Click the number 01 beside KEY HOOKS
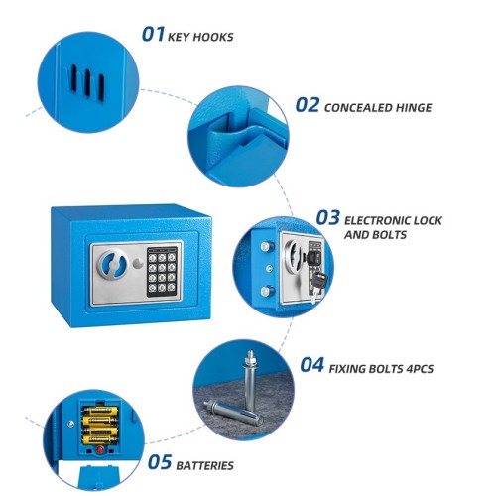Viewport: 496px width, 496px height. pos(153,35)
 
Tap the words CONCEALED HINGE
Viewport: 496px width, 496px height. pos(378,108)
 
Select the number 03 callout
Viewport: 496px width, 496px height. pos(327,218)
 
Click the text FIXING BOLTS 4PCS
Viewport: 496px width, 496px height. pos(381,369)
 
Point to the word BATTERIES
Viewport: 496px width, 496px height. pos(204,466)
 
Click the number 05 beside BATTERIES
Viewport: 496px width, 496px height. pos(160,462)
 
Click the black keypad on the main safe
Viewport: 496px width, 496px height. pos(162,272)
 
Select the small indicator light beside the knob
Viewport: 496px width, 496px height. pos(137,263)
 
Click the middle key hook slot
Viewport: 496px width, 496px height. pos(87,82)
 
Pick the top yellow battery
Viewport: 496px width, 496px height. pos(100,412)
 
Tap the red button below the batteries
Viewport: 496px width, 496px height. pos(99,450)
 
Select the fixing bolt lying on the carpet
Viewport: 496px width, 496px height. pos(233,413)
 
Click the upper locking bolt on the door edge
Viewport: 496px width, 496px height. pos(267,247)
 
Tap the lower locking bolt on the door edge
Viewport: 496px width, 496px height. pos(267,292)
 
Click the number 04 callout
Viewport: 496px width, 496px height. pos(311,365)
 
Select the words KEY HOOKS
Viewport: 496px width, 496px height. pos(200,37)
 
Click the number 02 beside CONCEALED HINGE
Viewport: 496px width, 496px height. pos(308,105)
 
